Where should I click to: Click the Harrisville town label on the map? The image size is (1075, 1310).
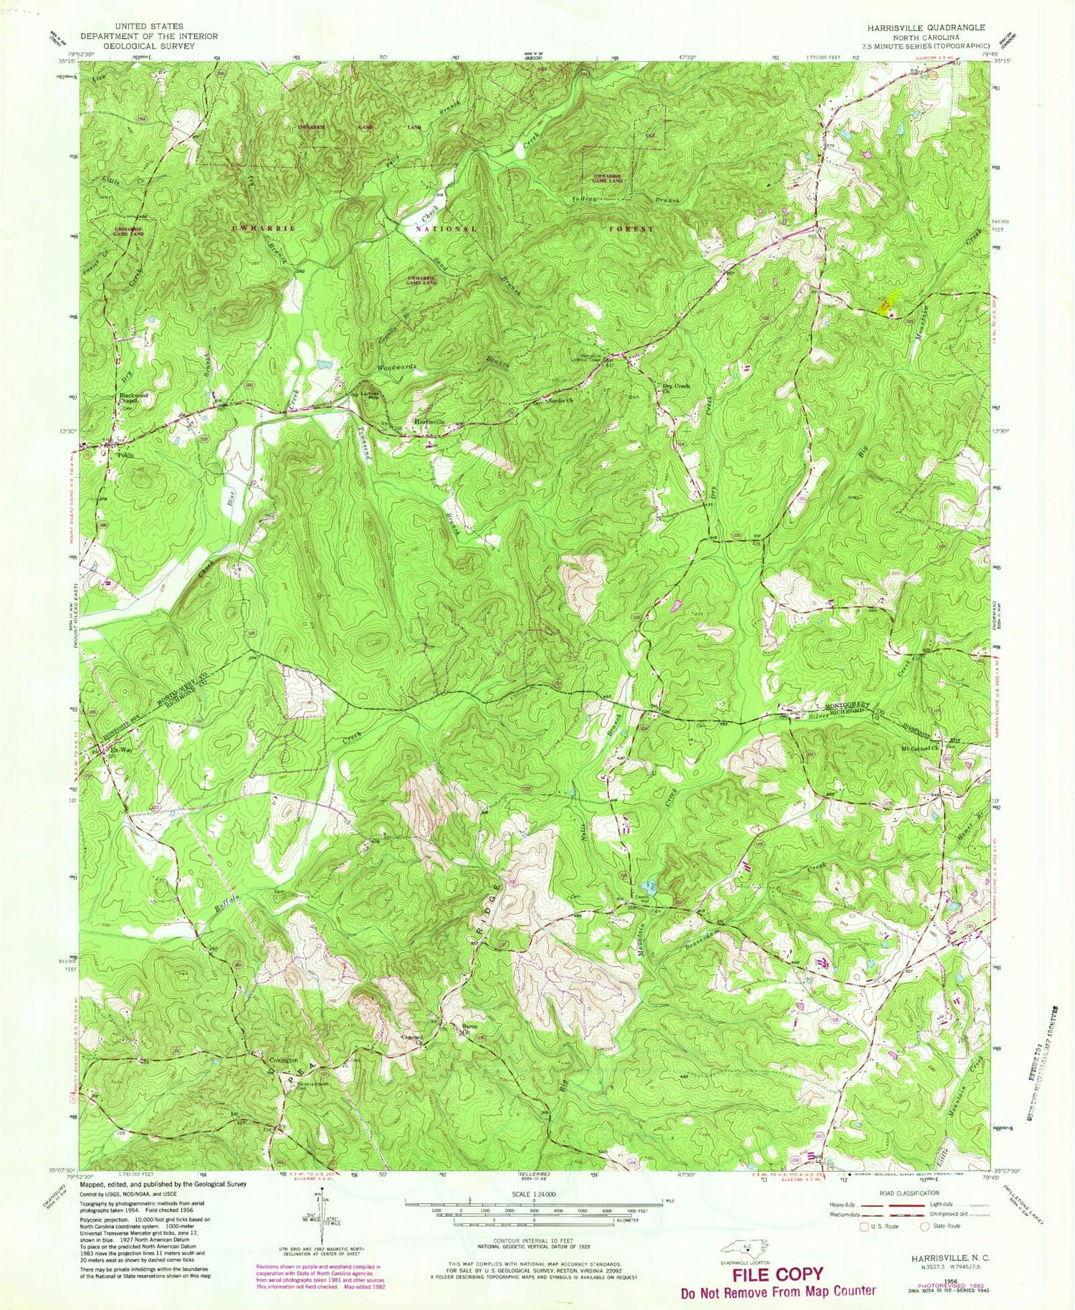coord(429,421)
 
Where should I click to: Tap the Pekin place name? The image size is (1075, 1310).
coord(126,454)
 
